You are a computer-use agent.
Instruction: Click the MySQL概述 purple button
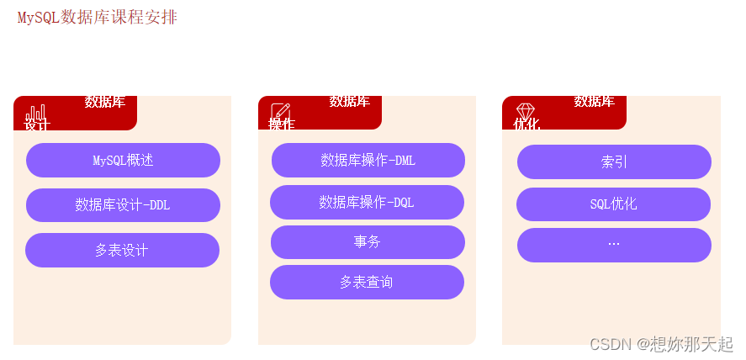123,160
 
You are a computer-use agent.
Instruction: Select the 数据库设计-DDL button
123,204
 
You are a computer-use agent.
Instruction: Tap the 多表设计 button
122,250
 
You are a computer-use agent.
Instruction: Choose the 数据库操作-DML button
368,160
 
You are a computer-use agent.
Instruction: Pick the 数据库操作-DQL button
367,202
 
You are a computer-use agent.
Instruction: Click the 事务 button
368,241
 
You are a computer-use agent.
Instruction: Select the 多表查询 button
367,282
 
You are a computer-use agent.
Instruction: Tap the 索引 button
614,161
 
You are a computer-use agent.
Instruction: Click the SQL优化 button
613,204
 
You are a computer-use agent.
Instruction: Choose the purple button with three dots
614,245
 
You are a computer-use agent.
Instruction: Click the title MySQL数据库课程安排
97,18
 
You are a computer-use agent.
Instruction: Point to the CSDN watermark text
661,343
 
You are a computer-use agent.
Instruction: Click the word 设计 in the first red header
37,125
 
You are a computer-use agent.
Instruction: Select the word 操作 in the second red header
281,124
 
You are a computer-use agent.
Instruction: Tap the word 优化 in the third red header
526,124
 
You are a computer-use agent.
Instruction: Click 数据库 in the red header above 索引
594,102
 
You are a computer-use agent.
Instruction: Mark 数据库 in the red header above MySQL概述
105,102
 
